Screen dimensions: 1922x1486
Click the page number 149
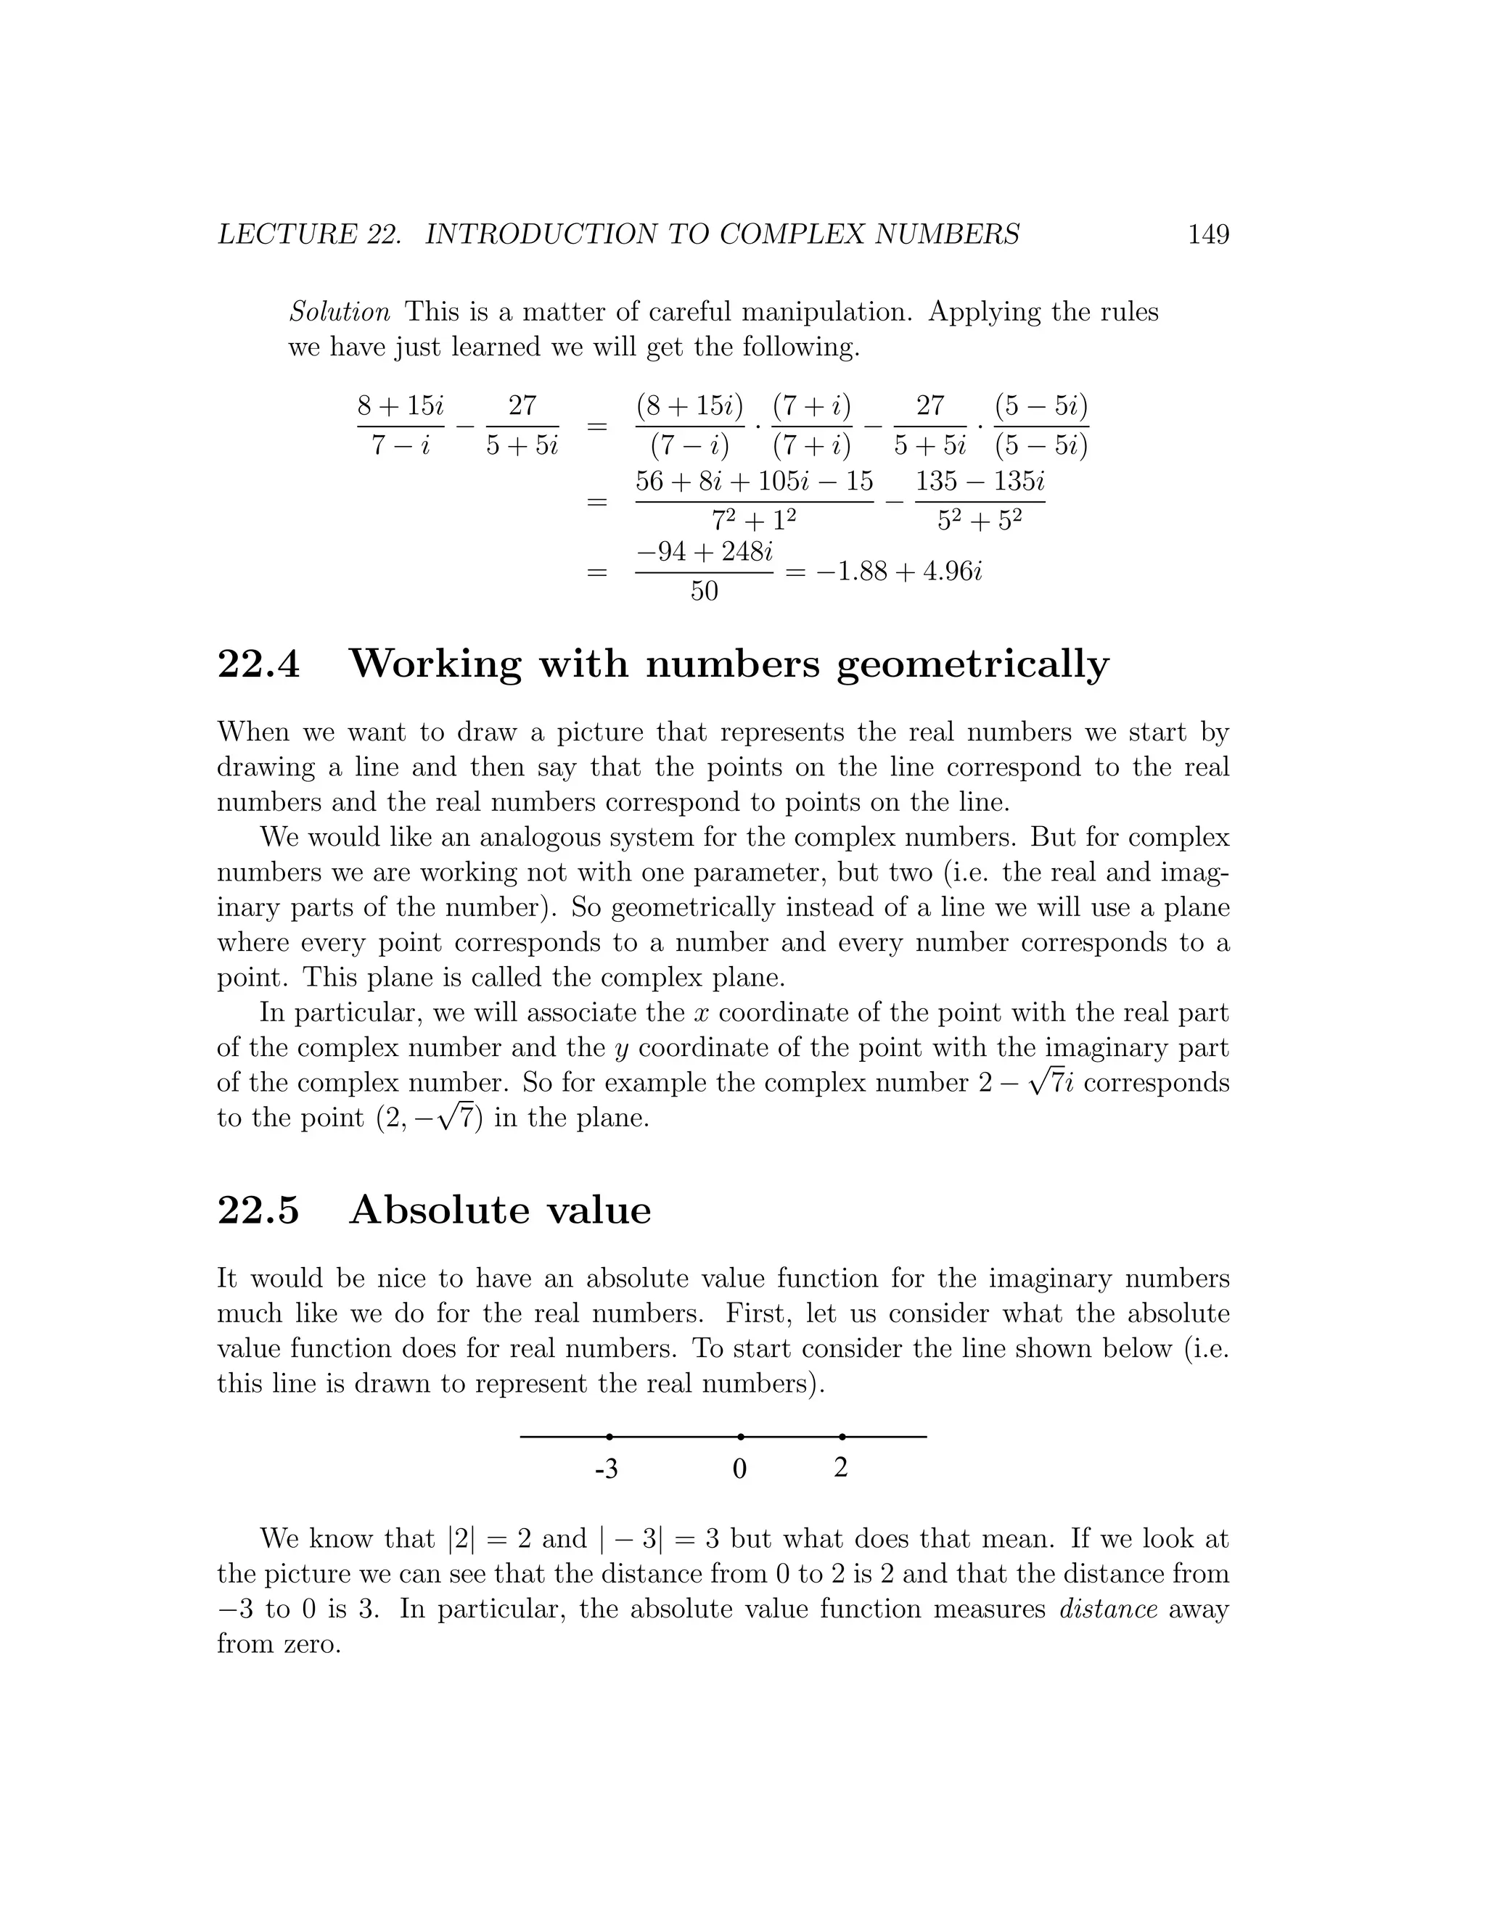tap(1208, 234)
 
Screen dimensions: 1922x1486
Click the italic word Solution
tap(340, 312)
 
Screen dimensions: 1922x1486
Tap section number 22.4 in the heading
tap(259, 664)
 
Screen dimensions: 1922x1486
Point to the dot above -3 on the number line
tap(609, 1436)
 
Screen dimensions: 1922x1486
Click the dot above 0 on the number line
tap(740, 1436)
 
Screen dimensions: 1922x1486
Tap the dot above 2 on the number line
tap(842, 1436)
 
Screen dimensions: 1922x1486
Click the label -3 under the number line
tap(607, 1469)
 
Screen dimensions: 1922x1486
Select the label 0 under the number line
tap(739, 1469)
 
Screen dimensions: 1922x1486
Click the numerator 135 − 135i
tap(980, 482)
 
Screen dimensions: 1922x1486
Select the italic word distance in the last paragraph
tap(1107, 1609)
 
